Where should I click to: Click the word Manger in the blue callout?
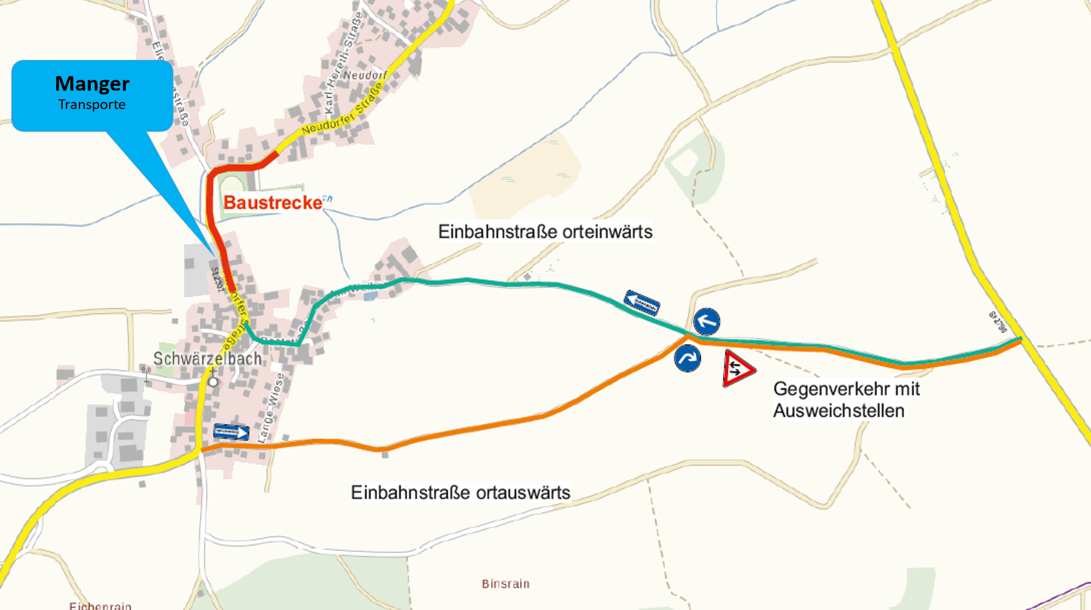[x=92, y=84]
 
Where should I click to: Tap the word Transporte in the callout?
[x=92, y=105]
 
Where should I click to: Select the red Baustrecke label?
[x=273, y=203]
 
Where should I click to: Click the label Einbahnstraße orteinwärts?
[x=545, y=232]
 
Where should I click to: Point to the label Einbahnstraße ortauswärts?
[x=461, y=492]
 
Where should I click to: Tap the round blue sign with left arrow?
[x=706, y=322]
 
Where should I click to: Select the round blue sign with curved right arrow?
[x=688, y=358]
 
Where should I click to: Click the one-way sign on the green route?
[x=642, y=303]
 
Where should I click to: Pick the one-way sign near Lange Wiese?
[x=231, y=432]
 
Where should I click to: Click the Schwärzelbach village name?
[x=207, y=358]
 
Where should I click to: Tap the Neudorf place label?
[x=365, y=75]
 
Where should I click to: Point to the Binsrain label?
[x=506, y=584]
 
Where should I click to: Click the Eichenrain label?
[x=100, y=606]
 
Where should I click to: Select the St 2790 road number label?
[x=998, y=322]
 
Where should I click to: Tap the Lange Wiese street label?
[x=273, y=408]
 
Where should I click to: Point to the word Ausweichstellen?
[x=838, y=411]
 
